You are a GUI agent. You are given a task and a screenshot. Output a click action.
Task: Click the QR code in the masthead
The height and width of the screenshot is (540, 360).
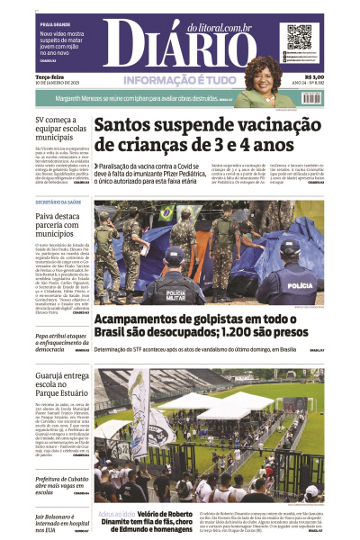click(x=299, y=38)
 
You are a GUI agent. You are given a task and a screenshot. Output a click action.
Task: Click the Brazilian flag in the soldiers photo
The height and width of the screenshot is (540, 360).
click(x=166, y=213)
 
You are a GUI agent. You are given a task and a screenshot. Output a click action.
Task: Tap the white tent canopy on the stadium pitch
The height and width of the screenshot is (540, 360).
click(x=211, y=400)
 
